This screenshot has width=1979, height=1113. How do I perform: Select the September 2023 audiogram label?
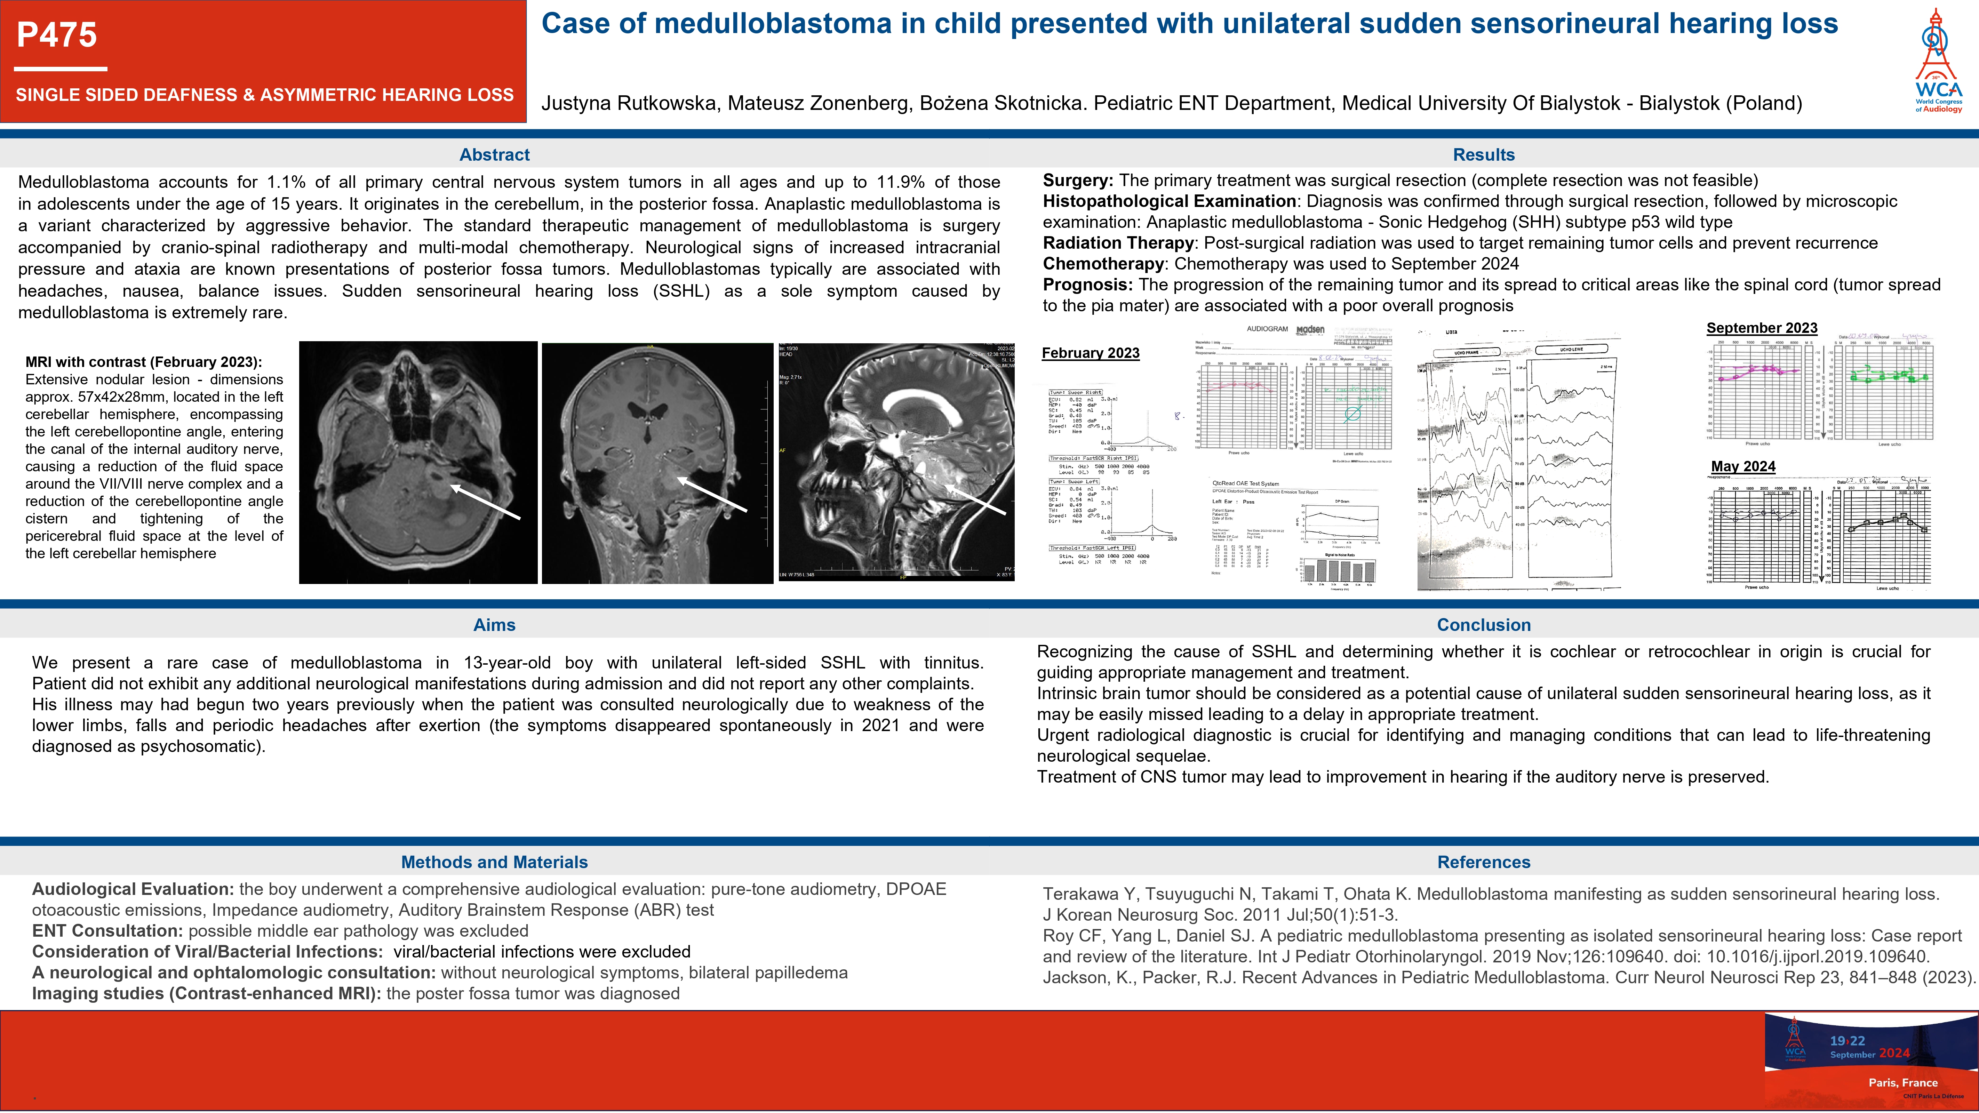coord(1762,328)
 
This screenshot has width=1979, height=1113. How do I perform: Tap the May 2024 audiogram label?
coord(1743,466)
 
